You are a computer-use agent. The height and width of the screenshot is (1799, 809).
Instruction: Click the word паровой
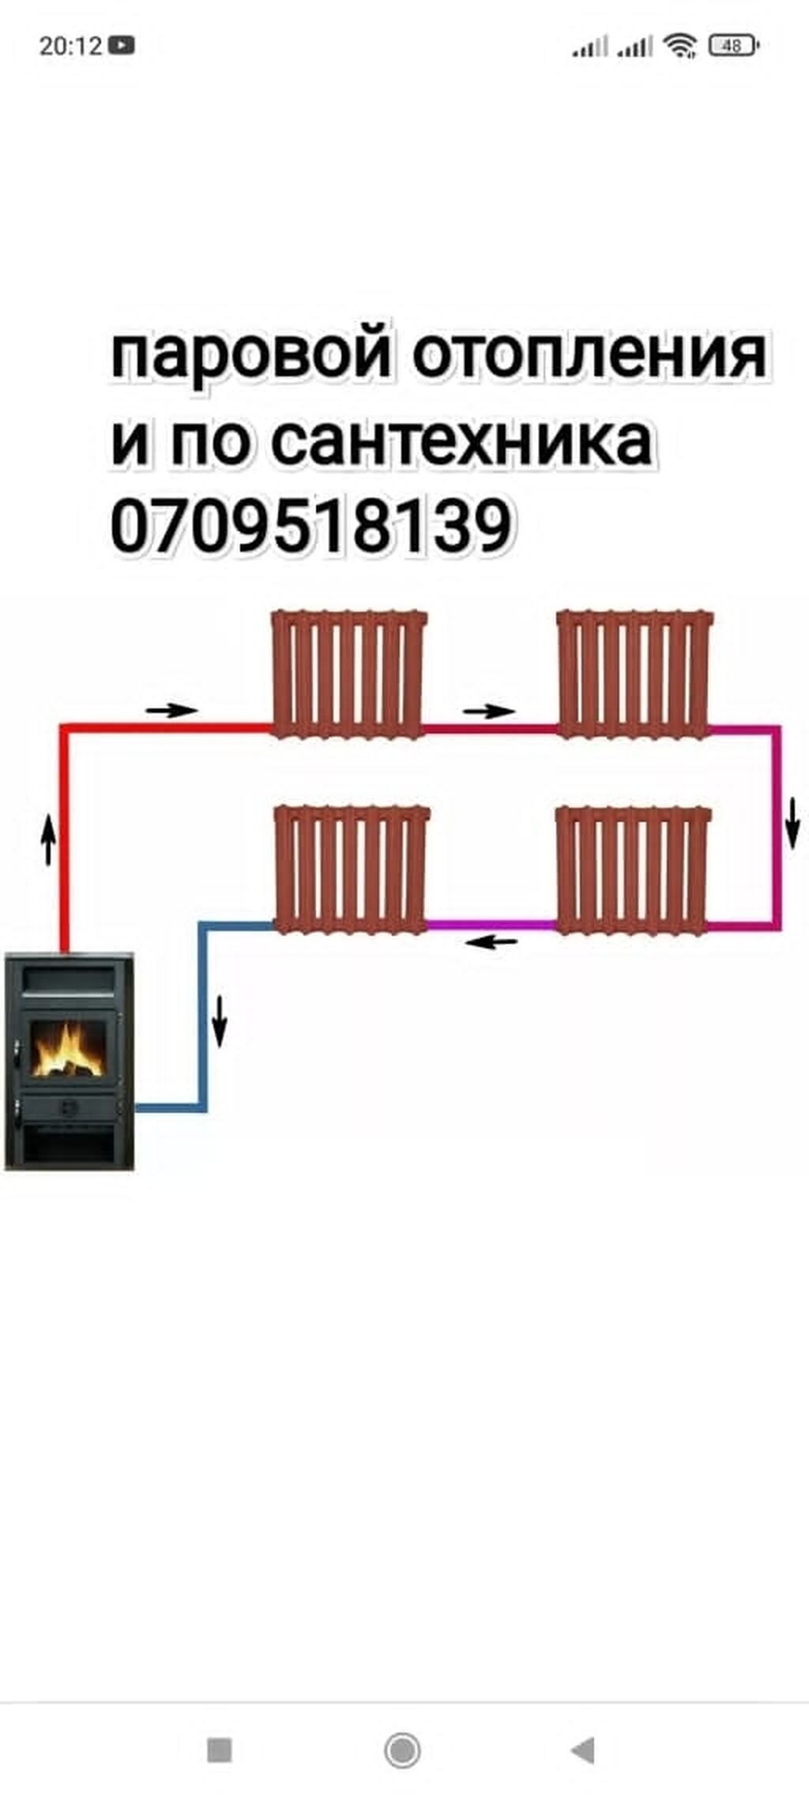[x=250, y=355]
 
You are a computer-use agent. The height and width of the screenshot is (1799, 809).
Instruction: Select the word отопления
[x=589, y=355]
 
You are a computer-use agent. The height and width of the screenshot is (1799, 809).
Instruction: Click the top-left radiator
[x=348, y=673]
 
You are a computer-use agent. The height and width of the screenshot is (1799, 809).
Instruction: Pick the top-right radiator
[x=635, y=673]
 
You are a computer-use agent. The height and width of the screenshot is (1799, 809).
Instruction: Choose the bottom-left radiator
[x=352, y=869]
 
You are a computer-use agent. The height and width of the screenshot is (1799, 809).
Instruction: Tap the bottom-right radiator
[x=634, y=869]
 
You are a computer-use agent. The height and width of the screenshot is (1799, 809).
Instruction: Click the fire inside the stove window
[x=69, y=1050]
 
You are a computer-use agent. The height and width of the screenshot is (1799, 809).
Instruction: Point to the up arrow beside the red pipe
[x=49, y=840]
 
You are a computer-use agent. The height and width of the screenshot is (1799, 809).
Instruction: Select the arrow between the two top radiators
[x=488, y=711]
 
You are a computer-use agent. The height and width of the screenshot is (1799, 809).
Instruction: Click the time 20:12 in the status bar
[x=70, y=46]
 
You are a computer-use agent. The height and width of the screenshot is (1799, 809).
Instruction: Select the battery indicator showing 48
[x=733, y=46]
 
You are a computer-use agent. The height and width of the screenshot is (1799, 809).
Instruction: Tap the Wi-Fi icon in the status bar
[x=680, y=46]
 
